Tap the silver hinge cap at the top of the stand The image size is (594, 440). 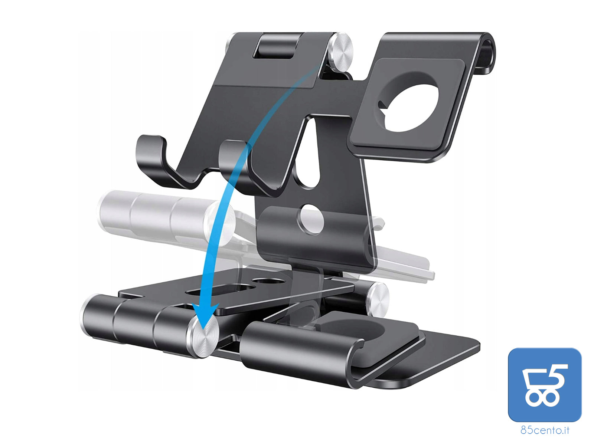point(341,52)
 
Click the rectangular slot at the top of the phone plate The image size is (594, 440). point(276,46)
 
